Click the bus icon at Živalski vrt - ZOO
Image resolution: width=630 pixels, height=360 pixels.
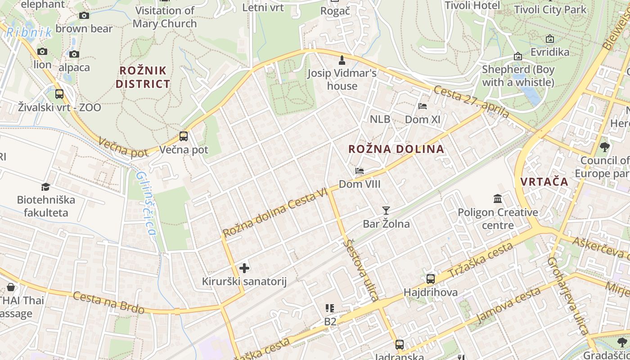(x=59, y=94)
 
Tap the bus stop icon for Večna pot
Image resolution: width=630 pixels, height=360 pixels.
(x=184, y=136)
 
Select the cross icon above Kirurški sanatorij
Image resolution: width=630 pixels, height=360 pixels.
(x=244, y=269)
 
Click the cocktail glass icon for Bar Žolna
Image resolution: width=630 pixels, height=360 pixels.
(x=386, y=210)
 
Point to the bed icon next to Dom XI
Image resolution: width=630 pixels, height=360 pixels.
(x=423, y=106)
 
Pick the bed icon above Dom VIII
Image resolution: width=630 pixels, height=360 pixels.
(x=359, y=171)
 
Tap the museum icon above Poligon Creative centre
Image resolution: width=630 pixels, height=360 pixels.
(x=498, y=198)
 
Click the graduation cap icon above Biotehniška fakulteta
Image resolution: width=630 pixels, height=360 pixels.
(x=45, y=187)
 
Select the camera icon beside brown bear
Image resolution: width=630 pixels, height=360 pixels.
(x=84, y=16)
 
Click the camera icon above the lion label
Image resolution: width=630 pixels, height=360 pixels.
(x=42, y=52)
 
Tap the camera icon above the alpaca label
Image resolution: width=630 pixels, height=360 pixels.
(x=74, y=54)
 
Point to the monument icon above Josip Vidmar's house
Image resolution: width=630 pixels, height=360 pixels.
(x=342, y=60)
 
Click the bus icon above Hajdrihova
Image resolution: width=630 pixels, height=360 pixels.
(x=431, y=279)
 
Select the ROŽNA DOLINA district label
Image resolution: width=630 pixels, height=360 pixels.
(x=396, y=149)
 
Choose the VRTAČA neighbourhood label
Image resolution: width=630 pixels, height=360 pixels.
(x=544, y=182)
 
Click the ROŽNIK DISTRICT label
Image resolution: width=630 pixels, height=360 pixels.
(x=143, y=77)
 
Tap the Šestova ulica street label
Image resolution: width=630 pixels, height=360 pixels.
(x=360, y=270)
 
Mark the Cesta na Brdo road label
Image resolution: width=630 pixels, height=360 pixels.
(x=108, y=303)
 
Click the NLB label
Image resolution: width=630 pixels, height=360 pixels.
(x=380, y=119)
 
